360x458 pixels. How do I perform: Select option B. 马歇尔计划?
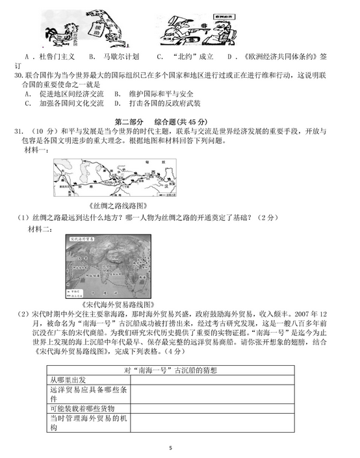(x=112, y=57)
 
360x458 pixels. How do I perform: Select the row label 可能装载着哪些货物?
(x=81, y=409)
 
